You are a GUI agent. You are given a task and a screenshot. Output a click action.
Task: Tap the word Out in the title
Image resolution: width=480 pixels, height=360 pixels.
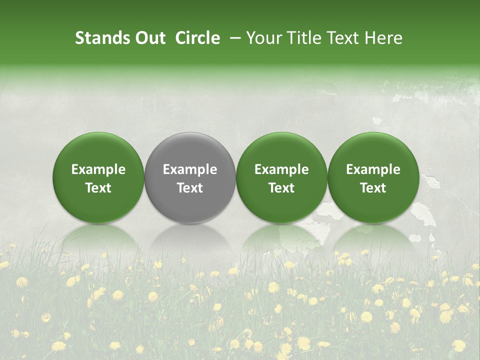tap(149, 38)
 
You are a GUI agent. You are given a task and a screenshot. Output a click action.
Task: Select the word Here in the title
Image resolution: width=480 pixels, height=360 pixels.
tap(382, 38)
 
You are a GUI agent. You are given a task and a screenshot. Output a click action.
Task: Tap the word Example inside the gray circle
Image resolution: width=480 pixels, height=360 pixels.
tap(190, 169)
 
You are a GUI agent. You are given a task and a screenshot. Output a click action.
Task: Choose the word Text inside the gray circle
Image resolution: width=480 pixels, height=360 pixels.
tap(190, 188)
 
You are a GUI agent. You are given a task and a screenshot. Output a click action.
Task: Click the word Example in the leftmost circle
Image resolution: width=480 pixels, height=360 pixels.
tap(98, 169)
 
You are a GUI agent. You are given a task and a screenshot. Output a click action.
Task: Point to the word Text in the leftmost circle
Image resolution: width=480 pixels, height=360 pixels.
tap(98, 188)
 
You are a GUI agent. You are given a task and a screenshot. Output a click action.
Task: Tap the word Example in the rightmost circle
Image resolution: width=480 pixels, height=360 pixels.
tap(373, 169)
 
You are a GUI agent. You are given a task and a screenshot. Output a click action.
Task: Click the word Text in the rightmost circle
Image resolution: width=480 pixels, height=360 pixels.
tap(373, 188)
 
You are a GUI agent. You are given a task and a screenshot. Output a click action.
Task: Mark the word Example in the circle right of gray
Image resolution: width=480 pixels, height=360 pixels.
tap(281, 169)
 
